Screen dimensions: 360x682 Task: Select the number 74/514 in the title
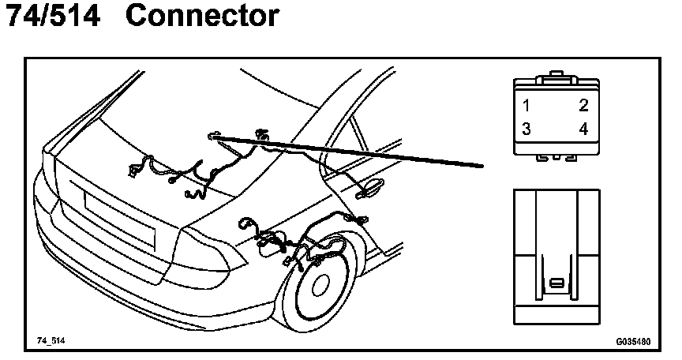(x=53, y=16)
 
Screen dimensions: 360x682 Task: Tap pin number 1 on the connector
(x=526, y=105)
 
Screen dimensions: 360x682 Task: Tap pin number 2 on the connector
(x=583, y=105)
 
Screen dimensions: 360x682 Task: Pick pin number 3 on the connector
(x=526, y=129)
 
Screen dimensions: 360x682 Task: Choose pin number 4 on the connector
(x=583, y=129)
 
